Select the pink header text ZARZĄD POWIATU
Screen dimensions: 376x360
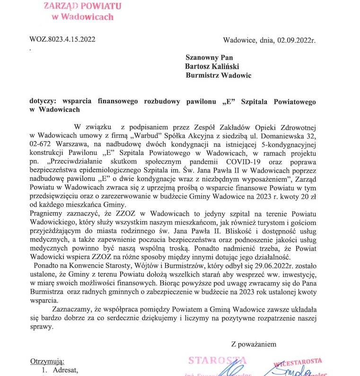tap(82, 6)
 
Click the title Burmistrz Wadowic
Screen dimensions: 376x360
tap(218, 75)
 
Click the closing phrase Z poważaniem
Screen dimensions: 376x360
tap(254, 344)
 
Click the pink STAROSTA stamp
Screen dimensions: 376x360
tap(218, 360)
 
